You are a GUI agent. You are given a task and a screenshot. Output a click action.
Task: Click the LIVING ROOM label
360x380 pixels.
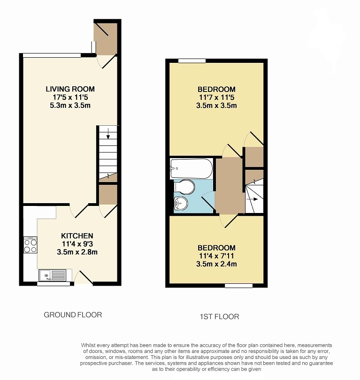(x=70, y=89)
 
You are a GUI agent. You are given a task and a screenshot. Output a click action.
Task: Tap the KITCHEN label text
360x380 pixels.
(x=77, y=236)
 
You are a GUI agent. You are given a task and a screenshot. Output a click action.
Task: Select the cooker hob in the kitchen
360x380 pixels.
(x=31, y=245)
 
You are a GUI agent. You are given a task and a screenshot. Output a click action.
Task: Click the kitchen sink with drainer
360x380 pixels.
(x=53, y=275)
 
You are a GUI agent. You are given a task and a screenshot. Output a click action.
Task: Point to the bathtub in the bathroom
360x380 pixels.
(x=191, y=169)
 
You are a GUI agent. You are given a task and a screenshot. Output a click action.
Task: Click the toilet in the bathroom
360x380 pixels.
(x=184, y=187)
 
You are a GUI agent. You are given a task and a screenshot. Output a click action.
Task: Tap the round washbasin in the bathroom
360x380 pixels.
(x=181, y=203)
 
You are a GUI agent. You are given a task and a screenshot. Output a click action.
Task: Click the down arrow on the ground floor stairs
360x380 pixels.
(x=108, y=134)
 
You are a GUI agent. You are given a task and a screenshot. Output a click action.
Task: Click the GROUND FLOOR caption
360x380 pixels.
(x=73, y=315)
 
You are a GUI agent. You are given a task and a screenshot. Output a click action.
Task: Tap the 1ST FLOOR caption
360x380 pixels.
(x=219, y=317)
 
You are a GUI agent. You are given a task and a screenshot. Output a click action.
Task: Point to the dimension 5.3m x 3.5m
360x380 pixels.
(x=70, y=106)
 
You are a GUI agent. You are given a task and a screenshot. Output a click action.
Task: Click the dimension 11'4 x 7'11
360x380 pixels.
(x=216, y=256)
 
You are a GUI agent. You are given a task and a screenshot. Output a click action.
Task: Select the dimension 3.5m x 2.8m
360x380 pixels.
(x=77, y=252)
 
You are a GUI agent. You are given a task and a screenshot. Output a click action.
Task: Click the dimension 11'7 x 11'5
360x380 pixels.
(x=216, y=98)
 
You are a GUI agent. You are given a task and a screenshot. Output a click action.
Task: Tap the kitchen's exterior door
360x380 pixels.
(x=84, y=278)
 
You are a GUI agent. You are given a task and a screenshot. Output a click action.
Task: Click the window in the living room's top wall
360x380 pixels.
(x=52, y=55)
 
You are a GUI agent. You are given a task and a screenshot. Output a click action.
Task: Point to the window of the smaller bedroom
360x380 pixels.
(x=238, y=286)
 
